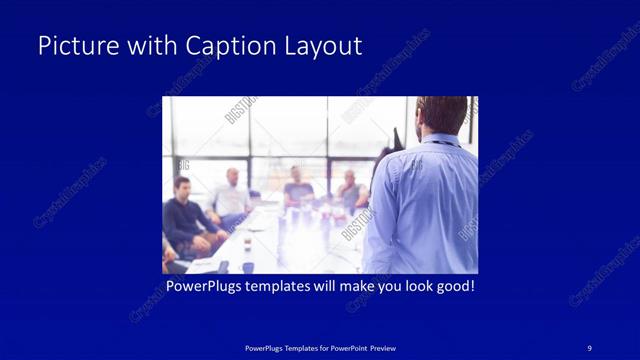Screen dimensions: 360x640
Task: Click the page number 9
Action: [590, 347]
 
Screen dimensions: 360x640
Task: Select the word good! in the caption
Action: [454, 287]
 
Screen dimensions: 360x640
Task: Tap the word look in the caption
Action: [410, 287]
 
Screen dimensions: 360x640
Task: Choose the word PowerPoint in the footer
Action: [343, 347]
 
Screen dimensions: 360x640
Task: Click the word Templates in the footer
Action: [290, 347]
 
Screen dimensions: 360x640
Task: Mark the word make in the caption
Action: [373, 287]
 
